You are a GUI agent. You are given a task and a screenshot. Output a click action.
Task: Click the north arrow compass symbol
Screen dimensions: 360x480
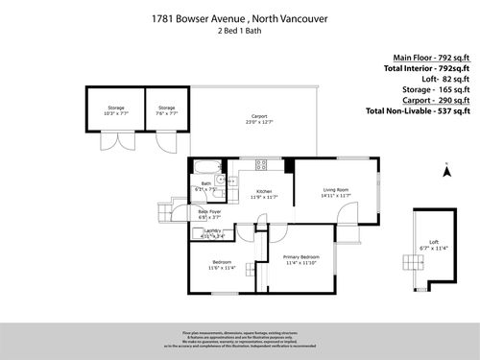click(446, 173)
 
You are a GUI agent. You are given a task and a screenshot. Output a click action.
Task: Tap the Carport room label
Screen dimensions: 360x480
click(253, 120)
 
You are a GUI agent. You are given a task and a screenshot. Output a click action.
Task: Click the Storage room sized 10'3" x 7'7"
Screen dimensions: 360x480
click(114, 109)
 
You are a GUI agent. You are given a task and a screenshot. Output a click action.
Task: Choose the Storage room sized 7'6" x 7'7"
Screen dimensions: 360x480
click(166, 109)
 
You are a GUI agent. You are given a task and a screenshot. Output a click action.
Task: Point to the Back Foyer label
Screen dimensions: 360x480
click(209, 214)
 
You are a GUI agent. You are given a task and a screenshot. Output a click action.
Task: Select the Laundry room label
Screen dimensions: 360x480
click(213, 232)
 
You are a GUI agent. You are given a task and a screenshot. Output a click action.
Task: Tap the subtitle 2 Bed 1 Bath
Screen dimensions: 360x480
click(239, 31)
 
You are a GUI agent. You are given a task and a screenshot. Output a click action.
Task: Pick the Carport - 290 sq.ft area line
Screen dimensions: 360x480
click(434, 100)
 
